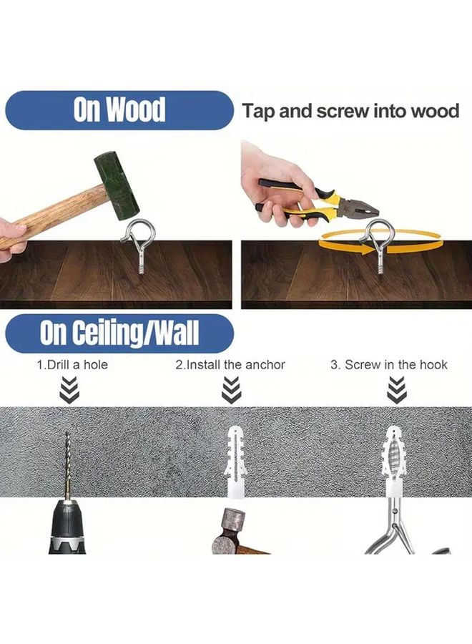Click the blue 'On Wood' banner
[118, 109]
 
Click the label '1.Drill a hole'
[72, 364]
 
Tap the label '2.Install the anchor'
[230, 364]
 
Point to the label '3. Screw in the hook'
[389, 364]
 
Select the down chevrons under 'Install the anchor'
[230, 390]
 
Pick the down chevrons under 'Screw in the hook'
[395, 390]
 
